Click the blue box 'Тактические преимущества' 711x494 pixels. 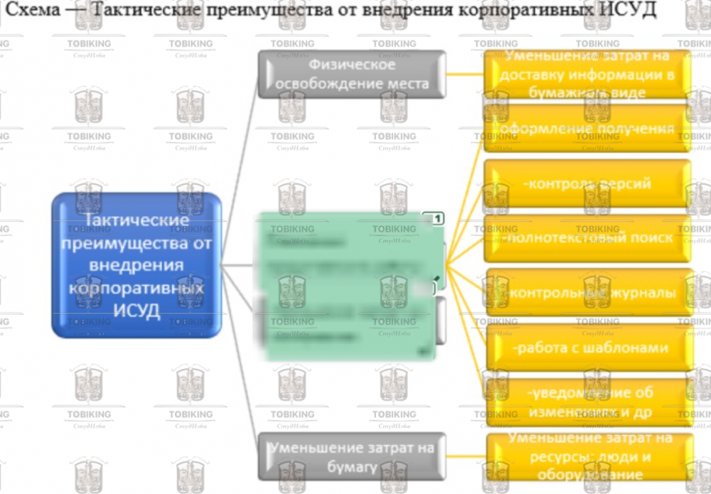137,264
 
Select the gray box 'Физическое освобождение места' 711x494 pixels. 352,74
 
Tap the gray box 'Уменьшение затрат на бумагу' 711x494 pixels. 352,456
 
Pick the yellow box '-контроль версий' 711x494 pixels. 587,184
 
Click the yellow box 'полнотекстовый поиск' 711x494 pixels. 587,238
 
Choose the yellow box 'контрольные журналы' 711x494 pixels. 587,293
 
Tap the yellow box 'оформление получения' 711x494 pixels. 587,129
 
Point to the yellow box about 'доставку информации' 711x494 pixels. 587,74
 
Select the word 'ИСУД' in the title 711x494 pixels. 632,11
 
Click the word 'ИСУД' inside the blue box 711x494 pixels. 137,311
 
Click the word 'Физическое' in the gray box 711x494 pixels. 352,65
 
